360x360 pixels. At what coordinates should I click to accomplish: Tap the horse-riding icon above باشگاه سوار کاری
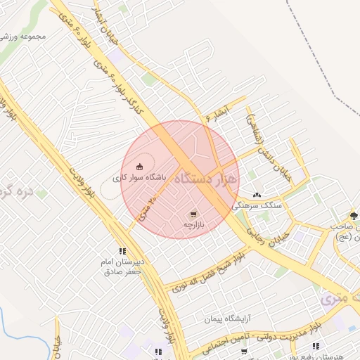pyautogui.click(x=139, y=167)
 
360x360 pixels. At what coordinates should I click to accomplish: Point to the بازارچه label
pyautogui.click(x=193, y=225)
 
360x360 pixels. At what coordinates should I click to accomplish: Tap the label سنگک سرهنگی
pyautogui.click(x=262, y=205)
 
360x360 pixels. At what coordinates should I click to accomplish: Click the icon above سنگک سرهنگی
pyautogui.click(x=257, y=195)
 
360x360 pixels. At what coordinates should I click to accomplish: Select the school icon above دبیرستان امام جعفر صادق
pyautogui.click(x=123, y=250)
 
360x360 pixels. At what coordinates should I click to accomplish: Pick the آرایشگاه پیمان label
pyautogui.click(x=228, y=319)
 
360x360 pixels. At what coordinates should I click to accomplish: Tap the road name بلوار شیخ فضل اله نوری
pyautogui.click(x=208, y=274)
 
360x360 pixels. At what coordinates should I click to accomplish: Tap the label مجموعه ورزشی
pyautogui.click(x=22, y=36)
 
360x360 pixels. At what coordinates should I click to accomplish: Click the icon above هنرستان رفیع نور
pyautogui.click(x=316, y=346)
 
